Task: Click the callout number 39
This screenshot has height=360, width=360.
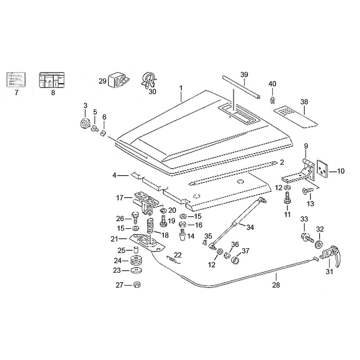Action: (x=244, y=75)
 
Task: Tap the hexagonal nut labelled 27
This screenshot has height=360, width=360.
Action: (x=137, y=285)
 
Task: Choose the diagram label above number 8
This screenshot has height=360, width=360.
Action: (x=51, y=79)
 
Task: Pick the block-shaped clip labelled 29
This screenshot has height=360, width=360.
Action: (x=117, y=80)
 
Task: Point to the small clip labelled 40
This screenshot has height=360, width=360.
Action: (x=273, y=100)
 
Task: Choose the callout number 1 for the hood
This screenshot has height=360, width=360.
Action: (x=181, y=88)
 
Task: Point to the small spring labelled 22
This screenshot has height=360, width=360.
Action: (x=172, y=258)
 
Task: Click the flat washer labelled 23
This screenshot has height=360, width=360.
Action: (x=136, y=270)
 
